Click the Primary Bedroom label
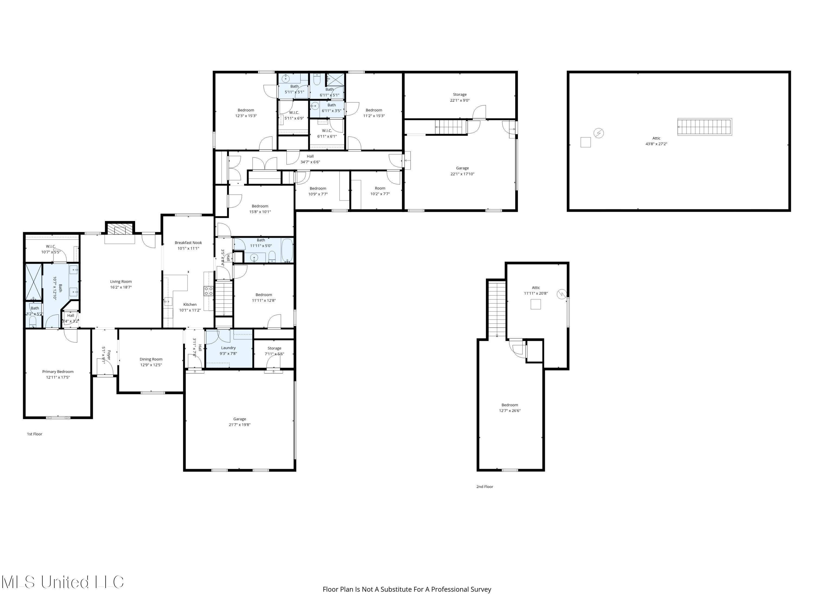(58, 371)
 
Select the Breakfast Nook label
(188, 243)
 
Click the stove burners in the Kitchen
(208, 291)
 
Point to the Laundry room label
(228, 348)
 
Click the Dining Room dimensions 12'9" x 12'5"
(151, 365)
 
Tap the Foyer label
(109, 355)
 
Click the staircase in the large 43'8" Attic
(704, 127)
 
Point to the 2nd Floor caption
(485, 486)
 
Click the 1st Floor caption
(34, 434)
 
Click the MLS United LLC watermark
(63, 582)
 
